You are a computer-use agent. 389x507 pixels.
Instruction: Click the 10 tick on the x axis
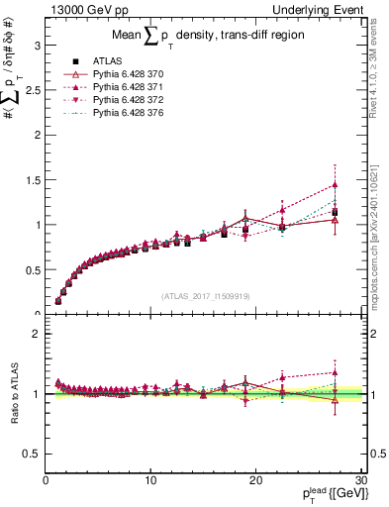[150, 479]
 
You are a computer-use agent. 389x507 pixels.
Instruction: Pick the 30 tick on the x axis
[360, 479]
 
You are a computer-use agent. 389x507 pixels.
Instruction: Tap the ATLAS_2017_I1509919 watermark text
[205, 295]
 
